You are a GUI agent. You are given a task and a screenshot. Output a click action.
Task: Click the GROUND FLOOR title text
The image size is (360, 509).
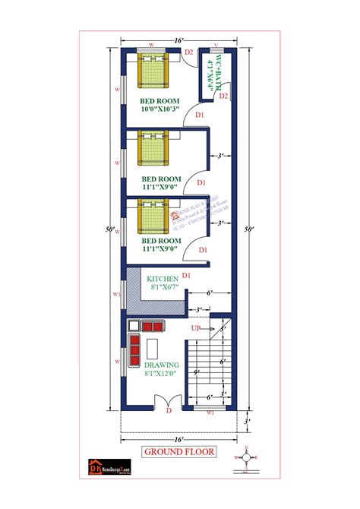pos(179,452)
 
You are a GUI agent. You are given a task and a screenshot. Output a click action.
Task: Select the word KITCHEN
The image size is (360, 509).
pos(162,277)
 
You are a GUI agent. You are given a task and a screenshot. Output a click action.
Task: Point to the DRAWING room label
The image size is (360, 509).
pos(163,365)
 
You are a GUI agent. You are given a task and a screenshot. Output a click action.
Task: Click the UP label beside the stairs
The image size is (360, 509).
pos(196,327)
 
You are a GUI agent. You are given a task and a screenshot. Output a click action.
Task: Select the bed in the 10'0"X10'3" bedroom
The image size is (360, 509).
pos(155,74)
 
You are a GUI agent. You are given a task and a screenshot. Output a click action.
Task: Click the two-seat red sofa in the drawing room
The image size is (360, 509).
pos(153,326)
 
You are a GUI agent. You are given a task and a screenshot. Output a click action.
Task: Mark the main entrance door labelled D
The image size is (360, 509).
pos(169,411)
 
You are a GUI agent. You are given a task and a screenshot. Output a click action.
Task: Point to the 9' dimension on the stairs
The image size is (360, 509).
pos(197,371)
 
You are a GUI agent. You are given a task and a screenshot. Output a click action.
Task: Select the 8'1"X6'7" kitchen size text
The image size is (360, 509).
pos(163,287)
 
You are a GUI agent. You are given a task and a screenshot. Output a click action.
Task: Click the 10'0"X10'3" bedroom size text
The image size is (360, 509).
pos(159,110)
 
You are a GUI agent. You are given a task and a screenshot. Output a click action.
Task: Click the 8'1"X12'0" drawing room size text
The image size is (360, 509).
pos(163,374)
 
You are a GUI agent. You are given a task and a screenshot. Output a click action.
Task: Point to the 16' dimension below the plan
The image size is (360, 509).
pos(180,438)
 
